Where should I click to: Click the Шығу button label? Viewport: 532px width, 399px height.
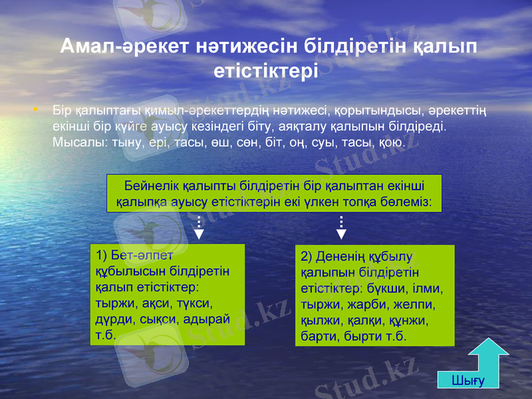tap(468, 380)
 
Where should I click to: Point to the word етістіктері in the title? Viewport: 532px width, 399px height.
tap(265, 70)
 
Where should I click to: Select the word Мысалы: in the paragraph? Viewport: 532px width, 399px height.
tap(75, 142)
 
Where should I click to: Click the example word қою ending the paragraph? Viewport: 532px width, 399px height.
tap(390, 142)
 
